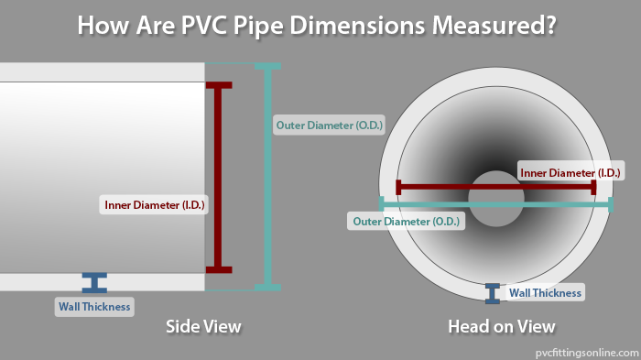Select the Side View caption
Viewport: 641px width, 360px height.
203,326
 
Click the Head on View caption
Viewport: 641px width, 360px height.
501,326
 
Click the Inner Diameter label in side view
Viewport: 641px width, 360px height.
155,205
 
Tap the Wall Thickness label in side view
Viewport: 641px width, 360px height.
94,306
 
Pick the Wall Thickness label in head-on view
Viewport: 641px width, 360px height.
545,293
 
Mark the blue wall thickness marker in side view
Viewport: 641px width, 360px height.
94,283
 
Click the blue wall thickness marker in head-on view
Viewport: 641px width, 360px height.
493,293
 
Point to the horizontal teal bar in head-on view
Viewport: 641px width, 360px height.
549,204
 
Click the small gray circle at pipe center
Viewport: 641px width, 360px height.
495,198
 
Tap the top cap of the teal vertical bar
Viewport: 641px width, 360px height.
267,66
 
